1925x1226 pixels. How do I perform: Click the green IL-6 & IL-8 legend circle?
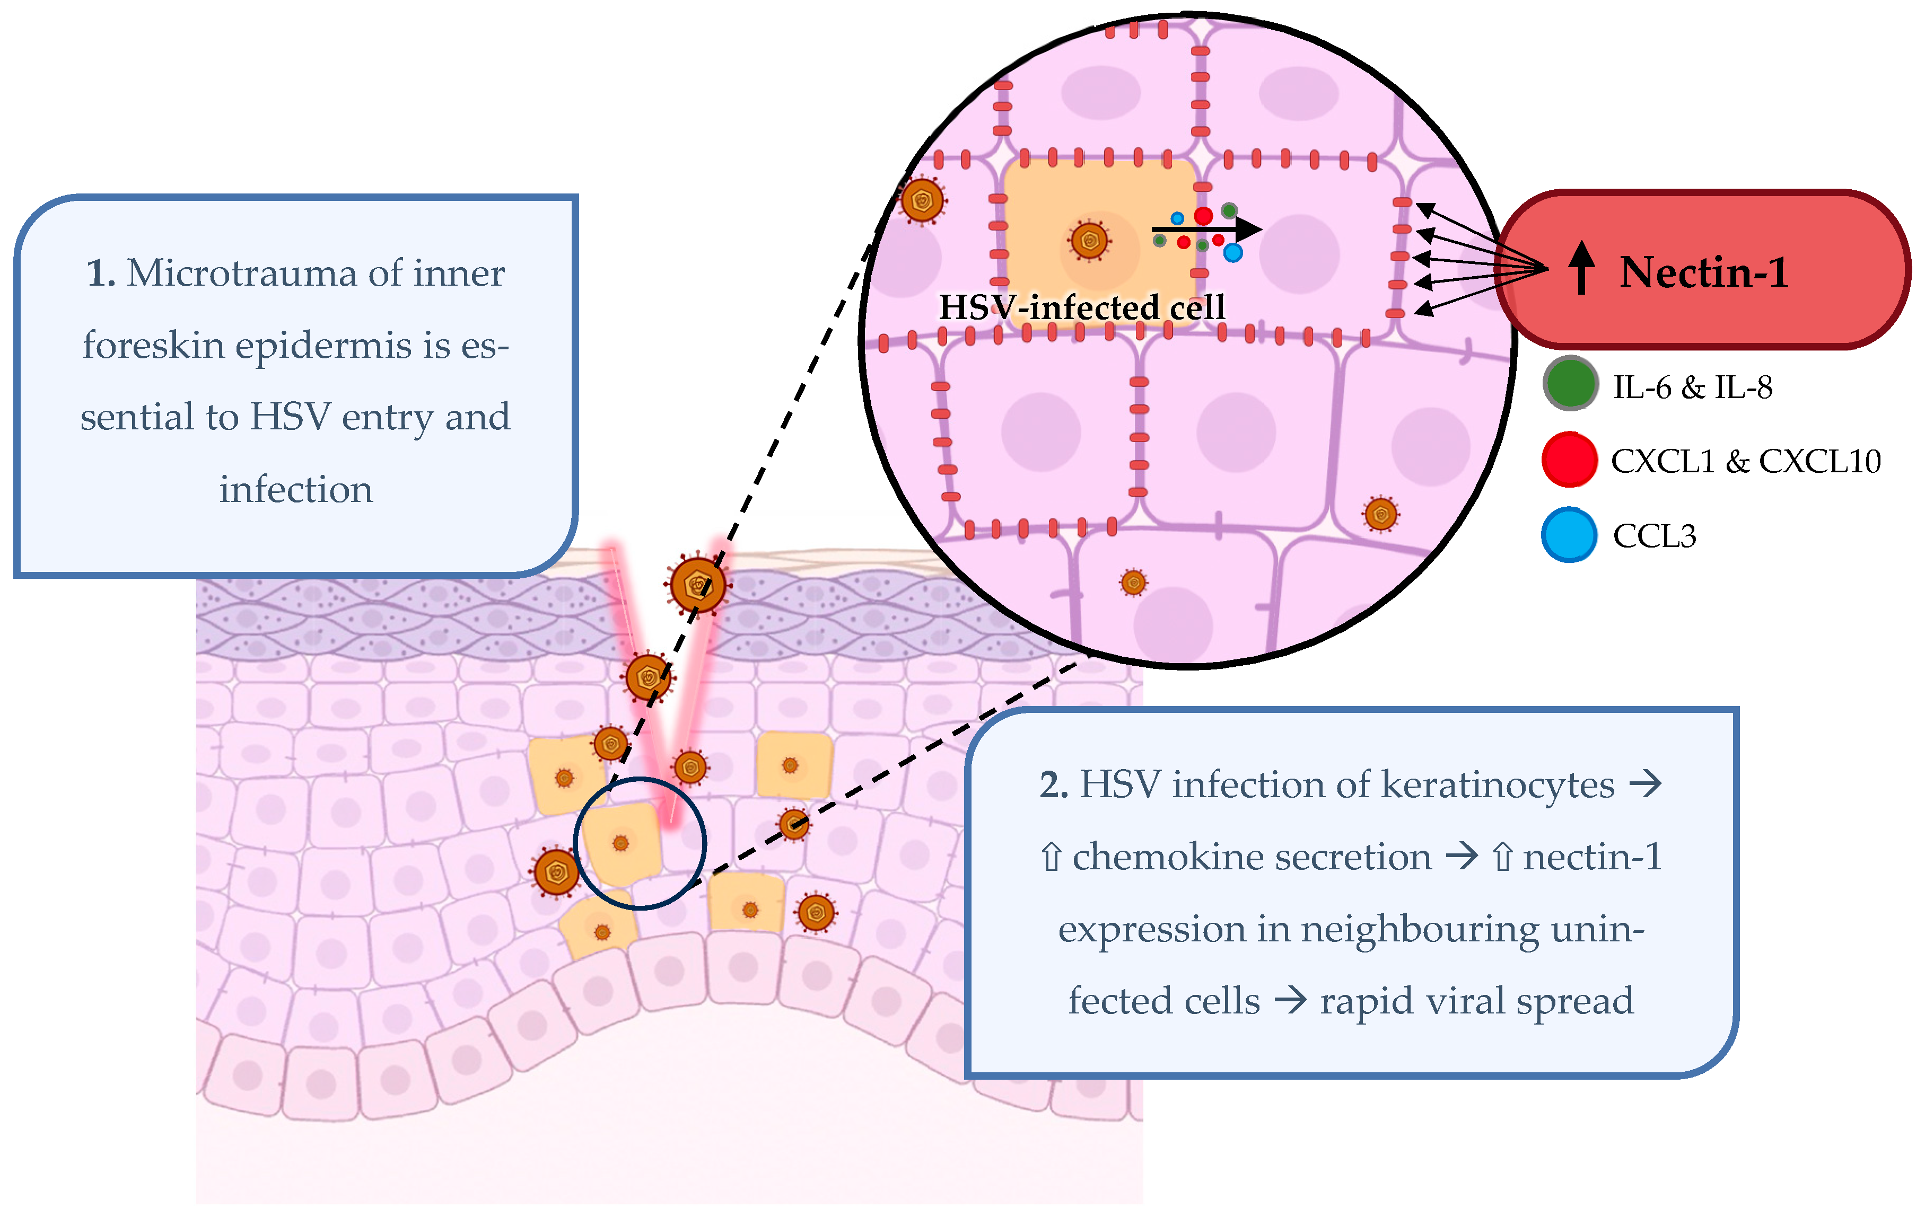(x=1570, y=384)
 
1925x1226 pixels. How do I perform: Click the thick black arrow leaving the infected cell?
(x=1207, y=230)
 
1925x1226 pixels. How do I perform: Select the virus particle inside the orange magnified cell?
(x=1089, y=241)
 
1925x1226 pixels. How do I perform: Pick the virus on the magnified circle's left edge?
(x=922, y=200)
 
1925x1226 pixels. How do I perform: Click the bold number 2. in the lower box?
(x=1054, y=785)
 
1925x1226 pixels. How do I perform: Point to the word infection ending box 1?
(x=296, y=489)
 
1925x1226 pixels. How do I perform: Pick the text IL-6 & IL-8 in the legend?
(x=1692, y=387)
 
